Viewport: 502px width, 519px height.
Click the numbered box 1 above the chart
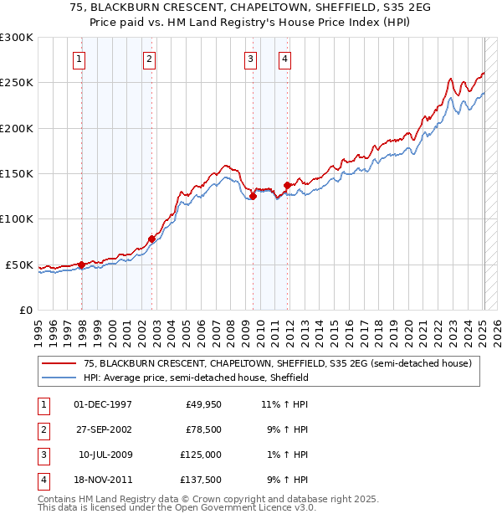pyautogui.click(x=78, y=59)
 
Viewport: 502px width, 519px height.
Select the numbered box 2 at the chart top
pyautogui.click(x=148, y=59)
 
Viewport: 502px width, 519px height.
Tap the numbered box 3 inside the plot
pyautogui.click(x=250, y=59)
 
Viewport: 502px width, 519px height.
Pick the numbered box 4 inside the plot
pyautogui.click(x=284, y=59)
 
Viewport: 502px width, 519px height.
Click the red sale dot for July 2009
pyautogui.click(x=253, y=197)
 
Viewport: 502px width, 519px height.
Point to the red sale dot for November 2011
pyautogui.click(x=288, y=185)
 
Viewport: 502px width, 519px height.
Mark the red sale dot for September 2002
pyautogui.click(x=152, y=239)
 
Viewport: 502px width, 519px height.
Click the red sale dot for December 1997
pyautogui.click(x=82, y=265)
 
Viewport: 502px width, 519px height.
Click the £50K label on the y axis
pyautogui.click(x=19, y=265)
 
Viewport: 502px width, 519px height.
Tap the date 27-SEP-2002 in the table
pyautogui.click(x=103, y=429)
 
